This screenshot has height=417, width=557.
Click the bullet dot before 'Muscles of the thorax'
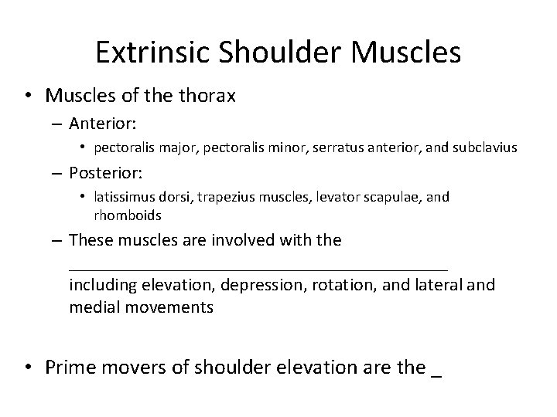(x=28, y=96)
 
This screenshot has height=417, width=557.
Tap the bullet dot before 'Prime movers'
(x=28, y=368)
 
